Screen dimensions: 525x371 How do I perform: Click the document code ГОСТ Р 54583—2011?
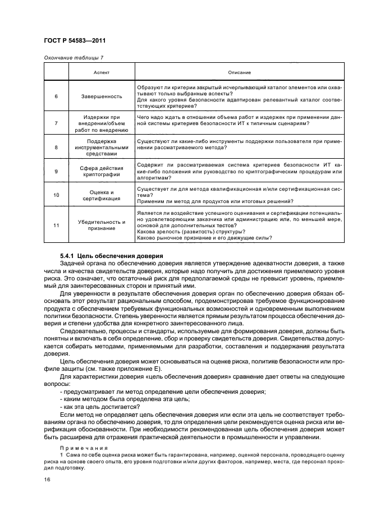pyautogui.click(x=75, y=41)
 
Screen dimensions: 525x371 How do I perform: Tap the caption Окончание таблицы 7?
pyautogui.click(x=73, y=58)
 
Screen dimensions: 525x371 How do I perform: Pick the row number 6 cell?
pyautogui.click(x=56, y=96)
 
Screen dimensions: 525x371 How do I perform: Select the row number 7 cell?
pyautogui.click(x=56, y=122)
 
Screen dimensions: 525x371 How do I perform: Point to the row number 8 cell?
pyautogui.click(x=56, y=147)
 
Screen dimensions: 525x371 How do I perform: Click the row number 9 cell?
pyautogui.click(x=56, y=171)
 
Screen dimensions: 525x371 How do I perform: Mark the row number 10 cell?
pyautogui.click(x=56, y=195)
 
